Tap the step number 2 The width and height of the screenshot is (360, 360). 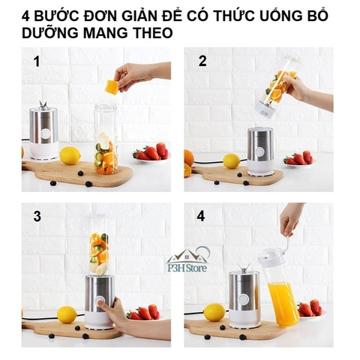(202, 62)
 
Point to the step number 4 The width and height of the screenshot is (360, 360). (201, 217)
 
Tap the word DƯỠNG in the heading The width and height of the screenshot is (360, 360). (55, 32)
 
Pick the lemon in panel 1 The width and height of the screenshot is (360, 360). (70, 155)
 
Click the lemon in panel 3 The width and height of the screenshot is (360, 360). (67, 314)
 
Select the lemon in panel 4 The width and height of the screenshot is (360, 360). (214, 311)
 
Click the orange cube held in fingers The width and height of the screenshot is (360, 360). (112, 87)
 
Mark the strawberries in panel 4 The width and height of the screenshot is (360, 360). (310, 308)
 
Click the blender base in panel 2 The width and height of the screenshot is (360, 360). (260, 150)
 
